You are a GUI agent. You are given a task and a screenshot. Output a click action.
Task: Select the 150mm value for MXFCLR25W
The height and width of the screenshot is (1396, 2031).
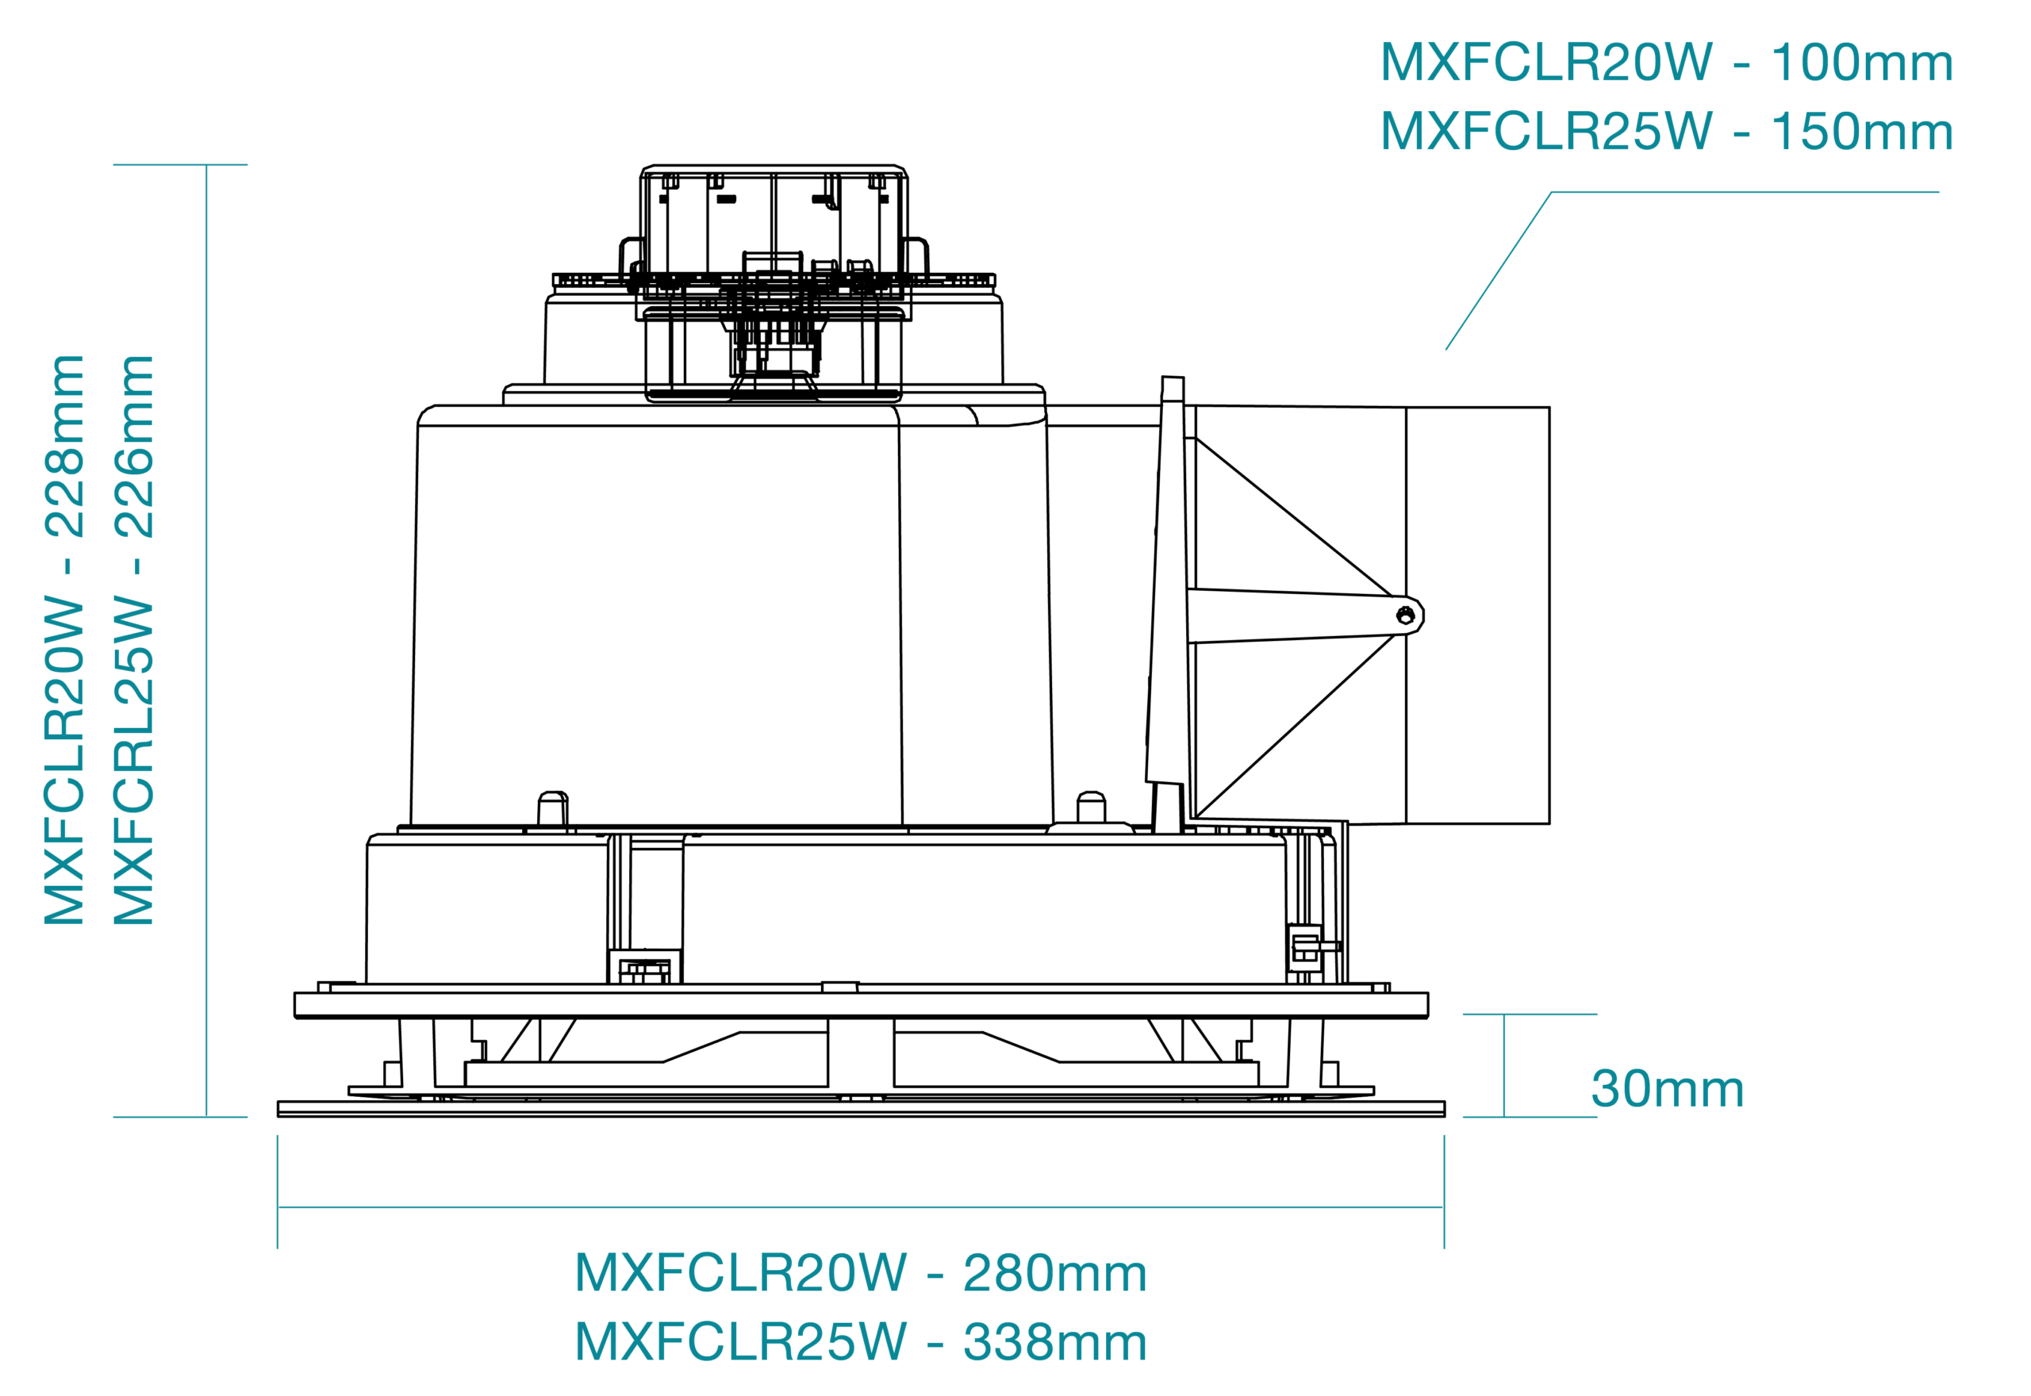(x=1861, y=132)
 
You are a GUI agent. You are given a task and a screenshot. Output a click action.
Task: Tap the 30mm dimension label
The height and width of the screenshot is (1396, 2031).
(x=1667, y=1090)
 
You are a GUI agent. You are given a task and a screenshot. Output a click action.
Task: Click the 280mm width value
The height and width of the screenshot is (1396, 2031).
(x=1055, y=1274)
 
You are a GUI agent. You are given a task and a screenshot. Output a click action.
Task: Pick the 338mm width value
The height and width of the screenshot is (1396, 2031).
(x=1055, y=1343)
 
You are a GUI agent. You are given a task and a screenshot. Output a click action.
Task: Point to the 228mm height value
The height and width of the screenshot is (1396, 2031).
(x=63, y=446)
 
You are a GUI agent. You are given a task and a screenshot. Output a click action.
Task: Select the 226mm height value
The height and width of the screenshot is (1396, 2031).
(x=134, y=446)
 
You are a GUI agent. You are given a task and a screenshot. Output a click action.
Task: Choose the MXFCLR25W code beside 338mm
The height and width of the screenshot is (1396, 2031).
(x=741, y=1343)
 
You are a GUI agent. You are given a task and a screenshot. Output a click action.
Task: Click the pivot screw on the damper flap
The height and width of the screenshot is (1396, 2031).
(x=1405, y=616)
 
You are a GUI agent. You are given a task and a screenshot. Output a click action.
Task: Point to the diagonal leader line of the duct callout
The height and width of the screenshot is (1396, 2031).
(x=1499, y=271)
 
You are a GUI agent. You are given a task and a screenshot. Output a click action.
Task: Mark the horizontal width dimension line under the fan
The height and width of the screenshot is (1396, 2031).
(x=861, y=1208)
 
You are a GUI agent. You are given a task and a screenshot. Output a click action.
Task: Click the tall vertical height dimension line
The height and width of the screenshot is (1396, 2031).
(x=206, y=641)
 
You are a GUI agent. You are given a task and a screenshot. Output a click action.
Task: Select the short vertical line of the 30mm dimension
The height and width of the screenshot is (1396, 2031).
(x=1504, y=1066)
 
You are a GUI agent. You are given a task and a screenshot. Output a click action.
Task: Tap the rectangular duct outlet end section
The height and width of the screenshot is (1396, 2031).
(x=1478, y=616)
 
